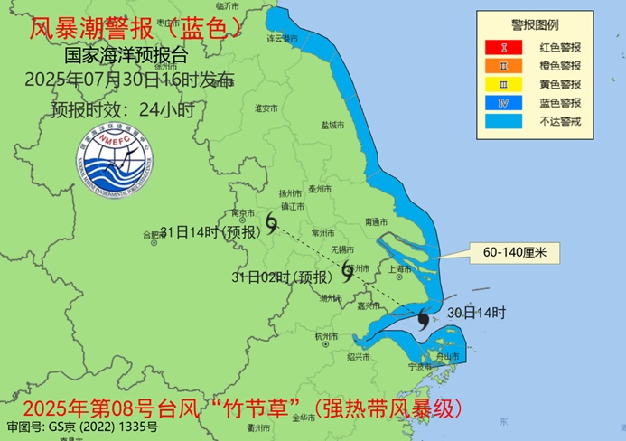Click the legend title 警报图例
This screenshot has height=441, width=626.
coord(535,25)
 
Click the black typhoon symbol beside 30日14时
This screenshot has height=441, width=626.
coord(424,317)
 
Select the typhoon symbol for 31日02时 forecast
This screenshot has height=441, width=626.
coord(347,268)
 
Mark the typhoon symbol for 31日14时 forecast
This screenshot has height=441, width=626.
coord(272,220)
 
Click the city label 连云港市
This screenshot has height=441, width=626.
coord(282,39)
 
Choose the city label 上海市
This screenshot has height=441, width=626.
coord(399,268)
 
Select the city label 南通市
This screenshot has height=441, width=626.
coord(377,221)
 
